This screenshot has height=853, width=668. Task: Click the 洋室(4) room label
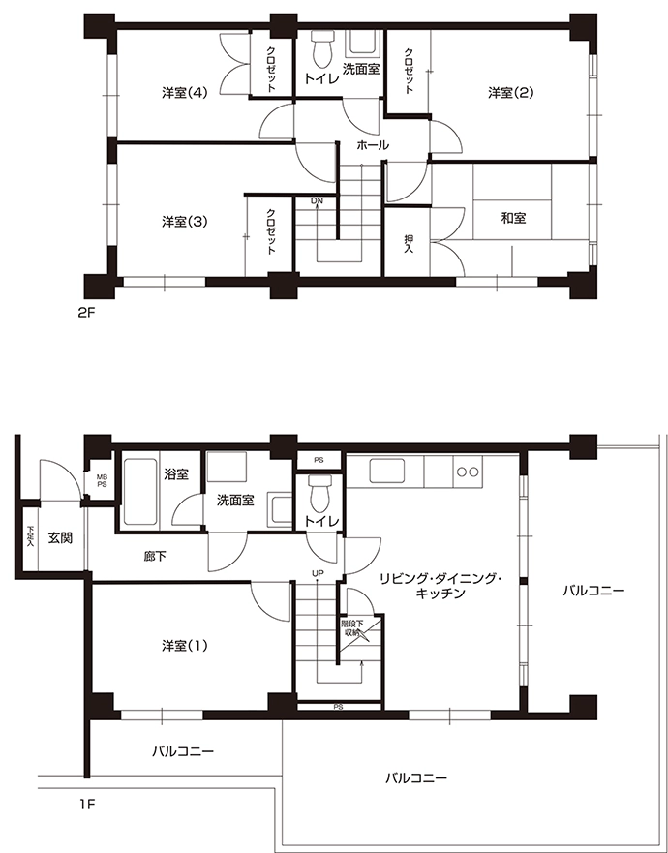(185, 93)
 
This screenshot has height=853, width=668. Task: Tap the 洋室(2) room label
(511, 93)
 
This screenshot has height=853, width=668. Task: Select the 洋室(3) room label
(185, 222)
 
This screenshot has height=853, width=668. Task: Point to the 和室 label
(513, 218)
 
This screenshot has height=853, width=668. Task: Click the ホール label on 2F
(373, 145)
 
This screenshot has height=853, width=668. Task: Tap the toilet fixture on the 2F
(322, 47)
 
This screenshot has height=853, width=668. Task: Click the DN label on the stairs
(318, 201)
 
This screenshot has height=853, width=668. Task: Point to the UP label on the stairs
(318, 573)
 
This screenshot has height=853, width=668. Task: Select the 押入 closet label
(410, 244)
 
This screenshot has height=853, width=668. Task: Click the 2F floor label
(86, 313)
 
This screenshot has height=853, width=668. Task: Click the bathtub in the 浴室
(140, 492)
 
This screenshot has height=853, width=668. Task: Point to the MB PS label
(102, 481)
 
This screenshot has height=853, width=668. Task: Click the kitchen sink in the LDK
(387, 471)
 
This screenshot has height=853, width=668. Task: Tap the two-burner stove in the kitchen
(468, 472)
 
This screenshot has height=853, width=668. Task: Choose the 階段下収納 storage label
(352, 627)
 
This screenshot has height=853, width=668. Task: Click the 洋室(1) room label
(185, 646)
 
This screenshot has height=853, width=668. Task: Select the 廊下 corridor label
(155, 557)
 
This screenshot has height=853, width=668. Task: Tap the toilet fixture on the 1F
(319, 491)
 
